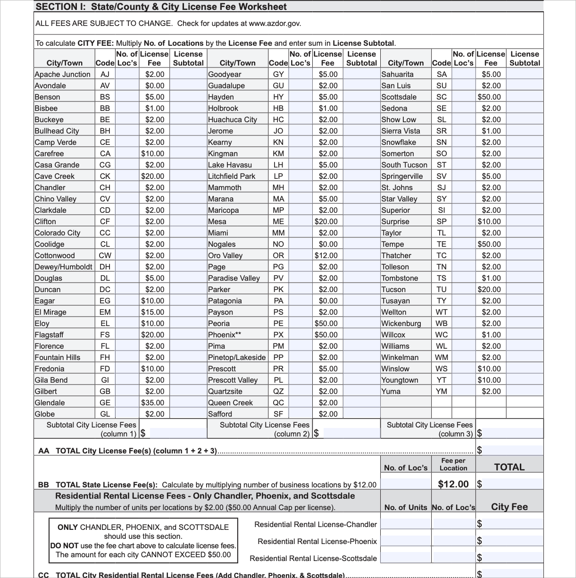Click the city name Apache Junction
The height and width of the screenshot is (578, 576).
point(62,74)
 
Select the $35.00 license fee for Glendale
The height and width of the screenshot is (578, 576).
point(153,402)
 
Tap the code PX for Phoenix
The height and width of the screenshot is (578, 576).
point(278,335)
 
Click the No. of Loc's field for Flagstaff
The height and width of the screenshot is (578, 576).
point(127,335)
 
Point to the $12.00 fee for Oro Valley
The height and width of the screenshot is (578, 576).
point(326,255)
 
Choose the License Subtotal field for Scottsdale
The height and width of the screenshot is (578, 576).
point(525,97)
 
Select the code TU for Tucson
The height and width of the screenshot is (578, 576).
point(441,289)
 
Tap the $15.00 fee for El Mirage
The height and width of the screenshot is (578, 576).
point(153,312)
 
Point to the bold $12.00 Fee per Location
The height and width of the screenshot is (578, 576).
point(453,484)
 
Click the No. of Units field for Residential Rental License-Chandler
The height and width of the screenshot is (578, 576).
point(406,524)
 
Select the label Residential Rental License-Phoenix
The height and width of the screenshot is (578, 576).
point(317,541)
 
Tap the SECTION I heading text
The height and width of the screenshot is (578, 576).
point(161,7)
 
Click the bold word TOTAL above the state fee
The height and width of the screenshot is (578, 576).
point(509,467)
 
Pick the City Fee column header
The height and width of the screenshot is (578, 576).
point(509,507)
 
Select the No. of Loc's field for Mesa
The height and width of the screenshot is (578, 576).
point(301,221)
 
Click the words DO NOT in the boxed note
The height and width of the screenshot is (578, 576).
point(64,545)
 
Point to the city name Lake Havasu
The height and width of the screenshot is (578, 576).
point(230,165)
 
